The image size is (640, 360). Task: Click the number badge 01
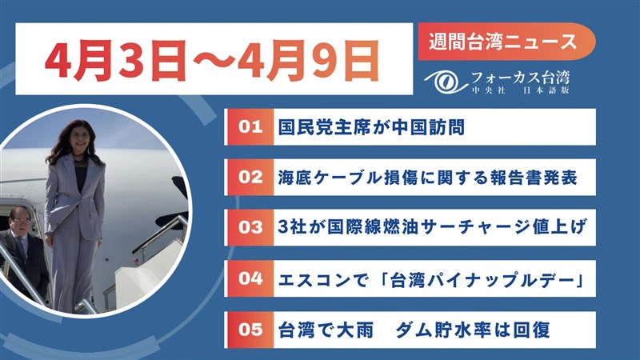click(250, 127)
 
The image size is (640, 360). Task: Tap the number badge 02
click(250, 177)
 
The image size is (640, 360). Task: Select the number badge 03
click(250, 227)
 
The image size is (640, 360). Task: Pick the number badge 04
click(250, 278)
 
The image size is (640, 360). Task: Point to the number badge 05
click(250, 330)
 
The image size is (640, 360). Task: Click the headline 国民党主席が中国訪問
click(371, 127)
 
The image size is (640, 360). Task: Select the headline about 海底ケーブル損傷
click(427, 178)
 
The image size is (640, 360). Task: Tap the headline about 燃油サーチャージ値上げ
click(432, 227)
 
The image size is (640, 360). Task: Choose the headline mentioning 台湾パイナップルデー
click(432, 279)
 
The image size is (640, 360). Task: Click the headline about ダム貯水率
click(414, 330)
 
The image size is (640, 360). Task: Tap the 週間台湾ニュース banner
click(506, 42)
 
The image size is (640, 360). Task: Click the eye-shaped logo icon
click(446, 82)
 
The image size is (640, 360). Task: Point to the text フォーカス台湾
click(520, 78)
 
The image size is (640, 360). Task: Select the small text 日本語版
click(546, 90)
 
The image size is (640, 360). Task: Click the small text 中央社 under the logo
click(489, 90)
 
